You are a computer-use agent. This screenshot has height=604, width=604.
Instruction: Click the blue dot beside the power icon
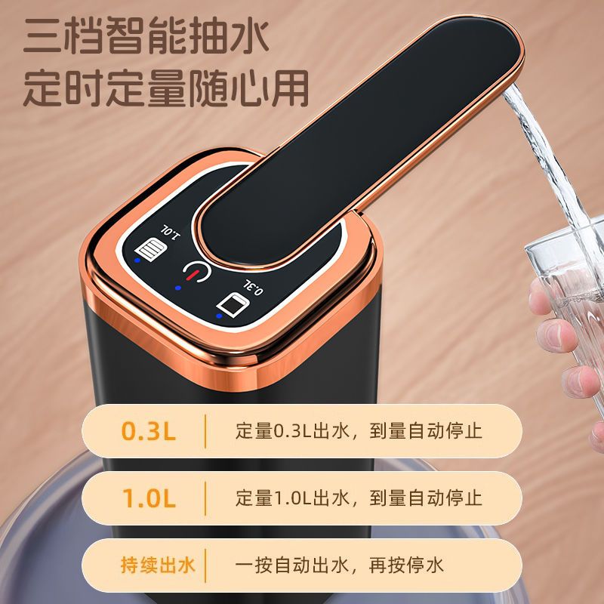coord(178,288)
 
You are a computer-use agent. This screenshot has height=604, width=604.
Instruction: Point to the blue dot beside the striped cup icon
coord(137,260)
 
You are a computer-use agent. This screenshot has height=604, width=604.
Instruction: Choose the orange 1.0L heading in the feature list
coord(149,498)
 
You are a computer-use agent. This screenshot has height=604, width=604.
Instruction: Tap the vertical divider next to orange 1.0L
coord(205,498)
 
